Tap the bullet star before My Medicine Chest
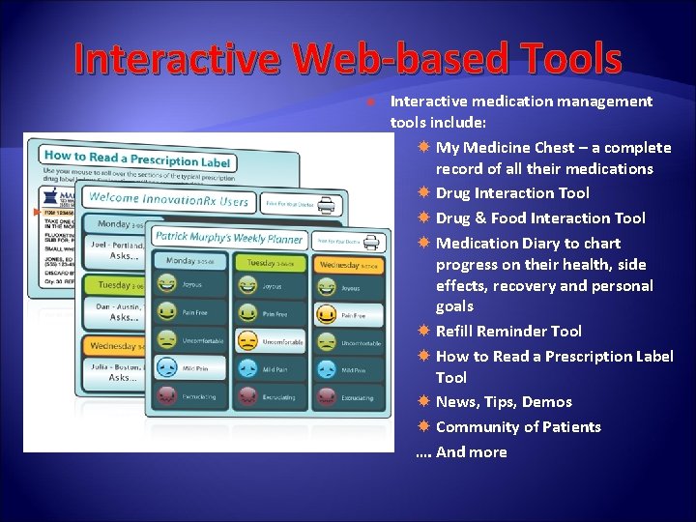click(424, 147)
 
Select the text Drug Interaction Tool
click(512, 193)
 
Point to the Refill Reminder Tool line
click(508, 331)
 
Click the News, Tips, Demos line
click(504, 402)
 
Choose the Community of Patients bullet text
click(518, 427)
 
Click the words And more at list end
click(471, 452)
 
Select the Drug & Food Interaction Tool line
click(540, 218)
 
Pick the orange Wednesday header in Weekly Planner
click(347, 264)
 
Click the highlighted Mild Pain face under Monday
click(167, 368)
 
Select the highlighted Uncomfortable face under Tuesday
click(248, 341)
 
